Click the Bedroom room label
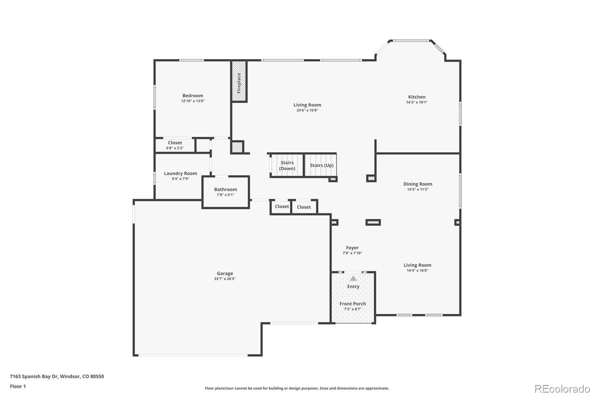(193, 96)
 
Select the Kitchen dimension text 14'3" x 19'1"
(417, 103)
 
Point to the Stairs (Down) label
(287, 166)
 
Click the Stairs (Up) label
(322, 165)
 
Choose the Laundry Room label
(180, 173)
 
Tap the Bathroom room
(225, 192)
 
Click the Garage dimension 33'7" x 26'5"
(225, 279)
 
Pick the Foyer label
(352, 248)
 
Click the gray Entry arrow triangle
(353, 278)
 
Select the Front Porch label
(353, 304)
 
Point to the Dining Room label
(418, 184)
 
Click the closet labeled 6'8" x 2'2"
(175, 145)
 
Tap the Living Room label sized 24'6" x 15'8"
(307, 105)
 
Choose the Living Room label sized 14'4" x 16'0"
(417, 265)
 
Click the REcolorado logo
(562, 389)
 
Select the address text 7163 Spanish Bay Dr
(57, 376)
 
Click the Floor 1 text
(18, 386)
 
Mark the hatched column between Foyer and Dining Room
(373, 223)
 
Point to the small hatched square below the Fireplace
(237, 147)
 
